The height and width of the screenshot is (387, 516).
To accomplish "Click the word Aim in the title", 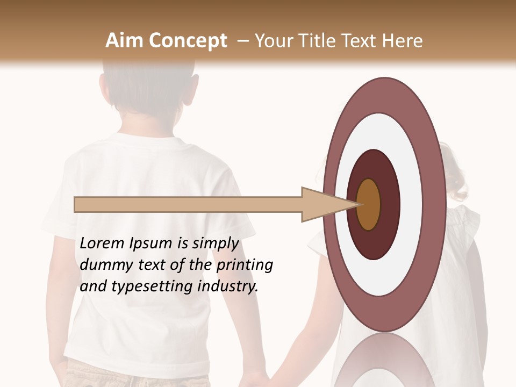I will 125,41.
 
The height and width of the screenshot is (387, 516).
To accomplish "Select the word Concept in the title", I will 188,41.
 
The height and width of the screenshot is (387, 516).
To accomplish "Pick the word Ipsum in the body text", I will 151,243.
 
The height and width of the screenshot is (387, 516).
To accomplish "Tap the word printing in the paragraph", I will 245,266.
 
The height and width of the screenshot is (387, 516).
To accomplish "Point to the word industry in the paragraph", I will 228,286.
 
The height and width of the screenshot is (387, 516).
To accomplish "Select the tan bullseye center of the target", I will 369,204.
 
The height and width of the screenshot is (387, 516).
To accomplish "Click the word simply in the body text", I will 215,243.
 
